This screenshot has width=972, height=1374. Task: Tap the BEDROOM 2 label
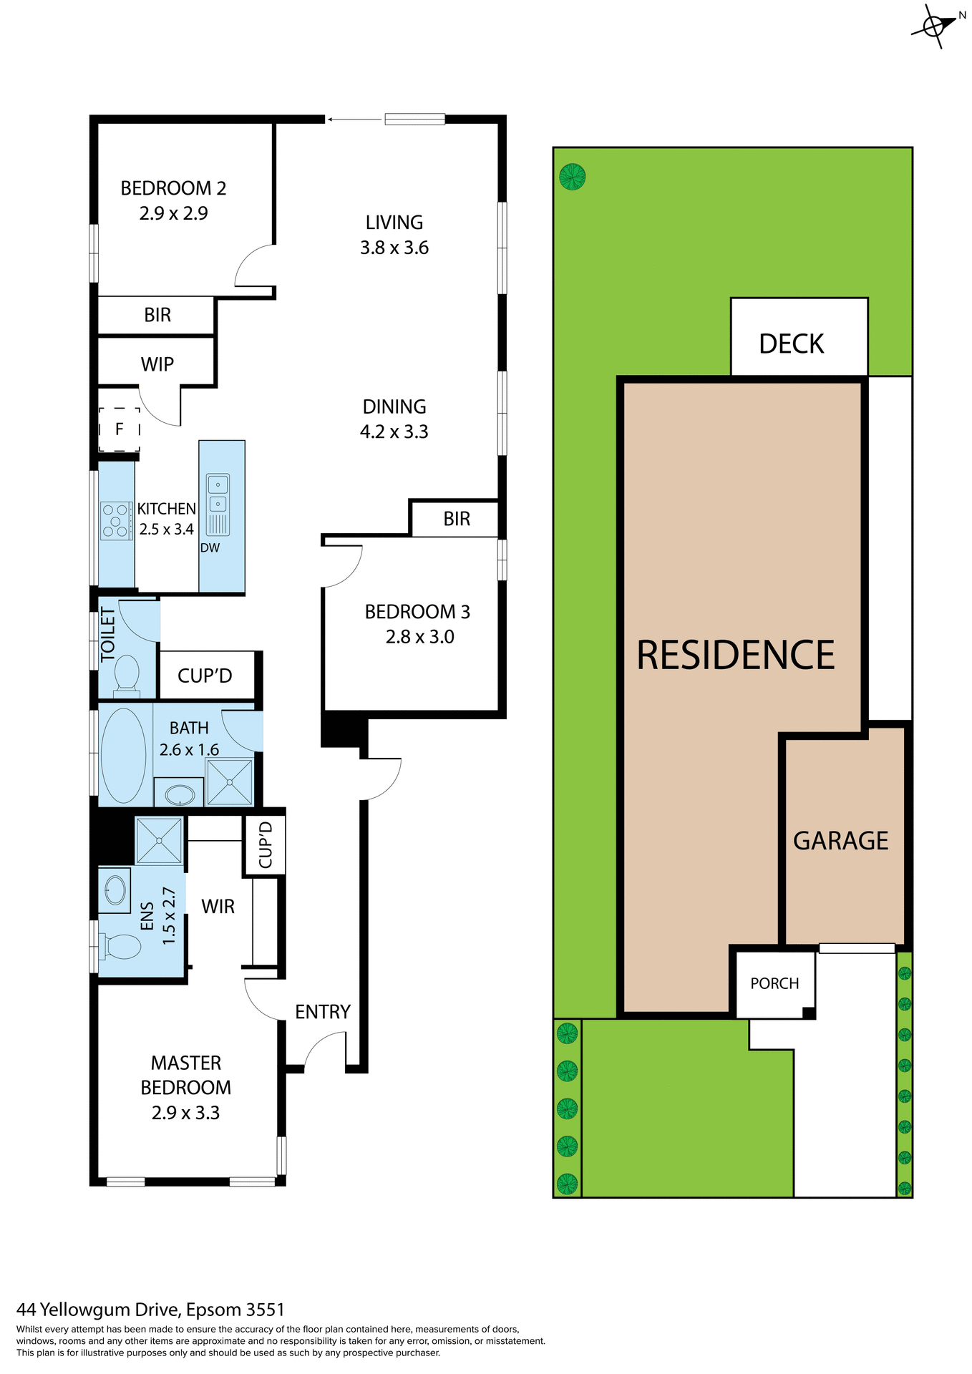pyautogui.click(x=173, y=188)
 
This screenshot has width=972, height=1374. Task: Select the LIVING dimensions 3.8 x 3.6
pyautogui.click(x=394, y=248)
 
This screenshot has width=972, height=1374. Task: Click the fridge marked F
pyautogui.click(x=119, y=429)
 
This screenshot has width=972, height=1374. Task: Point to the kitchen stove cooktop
pyautogui.click(x=116, y=520)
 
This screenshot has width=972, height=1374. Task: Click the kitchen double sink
pyautogui.click(x=218, y=494)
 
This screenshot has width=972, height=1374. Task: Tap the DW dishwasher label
pyautogui.click(x=210, y=548)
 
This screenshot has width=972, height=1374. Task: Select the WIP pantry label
pyautogui.click(x=157, y=364)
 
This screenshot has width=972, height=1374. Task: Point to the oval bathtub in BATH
pyautogui.click(x=124, y=755)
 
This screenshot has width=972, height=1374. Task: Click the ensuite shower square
pyautogui.click(x=159, y=840)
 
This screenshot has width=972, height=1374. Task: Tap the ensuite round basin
pyautogui.click(x=115, y=890)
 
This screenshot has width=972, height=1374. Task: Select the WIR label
pyautogui.click(x=218, y=907)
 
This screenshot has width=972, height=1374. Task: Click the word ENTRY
pyautogui.click(x=323, y=1012)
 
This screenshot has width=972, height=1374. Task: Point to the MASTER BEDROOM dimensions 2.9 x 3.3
pyautogui.click(x=185, y=1113)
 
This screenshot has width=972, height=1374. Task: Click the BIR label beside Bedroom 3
pyautogui.click(x=457, y=519)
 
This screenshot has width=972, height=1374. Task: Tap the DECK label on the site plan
pyautogui.click(x=791, y=344)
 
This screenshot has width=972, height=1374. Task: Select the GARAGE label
pyautogui.click(x=840, y=840)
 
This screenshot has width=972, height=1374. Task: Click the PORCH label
pyautogui.click(x=774, y=983)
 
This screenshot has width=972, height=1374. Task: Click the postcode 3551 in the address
pyautogui.click(x=265, y=1310)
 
